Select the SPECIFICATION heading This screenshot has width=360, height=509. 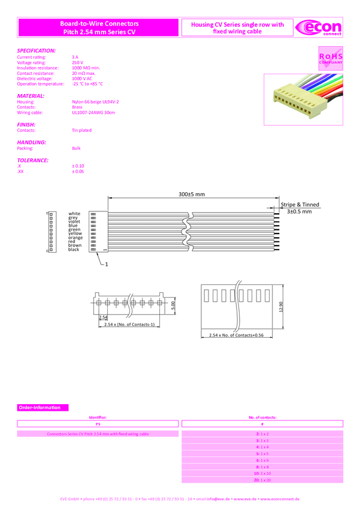pos(37,51)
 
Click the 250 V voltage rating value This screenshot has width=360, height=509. pos(77,62)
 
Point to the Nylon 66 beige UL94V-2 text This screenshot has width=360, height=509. pos(95,102)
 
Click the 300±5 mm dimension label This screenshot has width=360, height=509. pos(192,194)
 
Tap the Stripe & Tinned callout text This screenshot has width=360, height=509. pos(300,205)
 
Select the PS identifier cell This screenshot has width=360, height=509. pos(98,423)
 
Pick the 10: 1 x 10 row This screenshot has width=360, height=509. pos(263,473)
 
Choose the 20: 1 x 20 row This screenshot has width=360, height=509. pos(263,480)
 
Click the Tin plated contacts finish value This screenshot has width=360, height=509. pos(81,130)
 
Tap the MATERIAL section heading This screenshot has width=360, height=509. pos(31,96)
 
